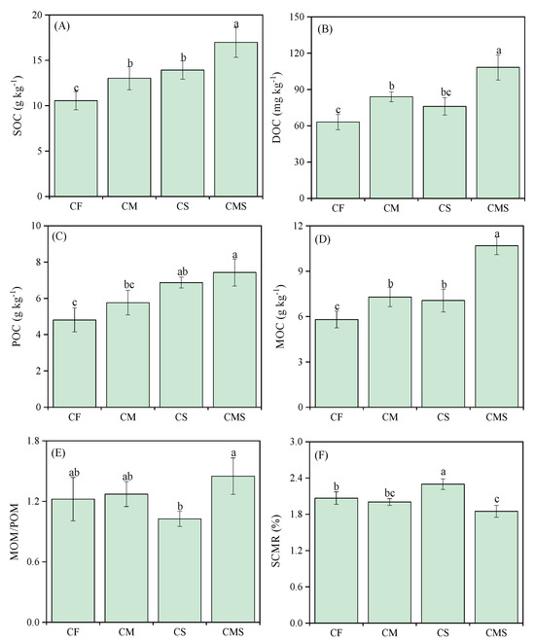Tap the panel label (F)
click(326, 452)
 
